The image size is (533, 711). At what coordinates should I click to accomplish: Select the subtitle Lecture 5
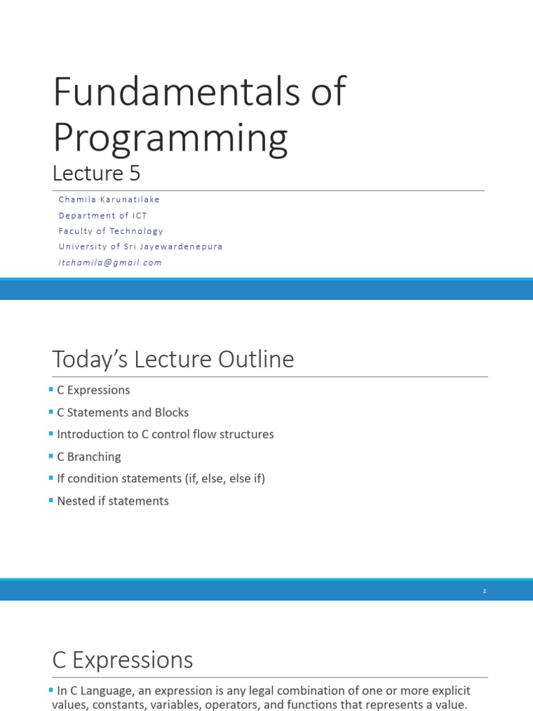pos(96,172)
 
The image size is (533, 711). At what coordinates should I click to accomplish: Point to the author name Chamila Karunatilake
pos(109,199)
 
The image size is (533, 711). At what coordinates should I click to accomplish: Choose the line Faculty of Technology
pos(110,231)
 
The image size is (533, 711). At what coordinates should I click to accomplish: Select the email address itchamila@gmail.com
pos(110,263)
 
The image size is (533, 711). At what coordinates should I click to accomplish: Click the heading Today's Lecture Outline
pos(173,360)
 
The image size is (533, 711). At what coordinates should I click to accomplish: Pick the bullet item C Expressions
pos(93,390)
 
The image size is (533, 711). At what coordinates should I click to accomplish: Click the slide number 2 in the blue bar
pos(484,591)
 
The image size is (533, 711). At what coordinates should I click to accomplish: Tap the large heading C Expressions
pos(123,660)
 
